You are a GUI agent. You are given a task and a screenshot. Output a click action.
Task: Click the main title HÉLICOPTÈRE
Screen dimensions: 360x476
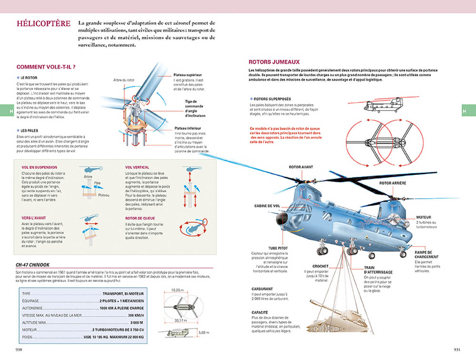[43, 24]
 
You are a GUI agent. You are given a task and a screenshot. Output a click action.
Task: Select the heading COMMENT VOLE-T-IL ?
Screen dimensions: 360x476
[46, 67]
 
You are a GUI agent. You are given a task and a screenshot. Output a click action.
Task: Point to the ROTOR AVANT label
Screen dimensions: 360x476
[301, 167]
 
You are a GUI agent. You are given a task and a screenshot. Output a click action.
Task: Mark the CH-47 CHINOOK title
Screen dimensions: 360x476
[33, 265]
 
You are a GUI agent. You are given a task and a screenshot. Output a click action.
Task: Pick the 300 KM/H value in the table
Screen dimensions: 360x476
[136, 315]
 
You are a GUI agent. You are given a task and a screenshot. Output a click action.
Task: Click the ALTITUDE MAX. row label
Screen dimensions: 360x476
[34, 322]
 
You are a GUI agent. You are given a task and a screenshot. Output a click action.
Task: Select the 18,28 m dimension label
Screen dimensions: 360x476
[177, 290]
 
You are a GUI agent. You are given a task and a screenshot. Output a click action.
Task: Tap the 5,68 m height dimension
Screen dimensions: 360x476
[203, 332]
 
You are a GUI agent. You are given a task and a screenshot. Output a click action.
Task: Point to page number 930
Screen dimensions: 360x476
[20, 350]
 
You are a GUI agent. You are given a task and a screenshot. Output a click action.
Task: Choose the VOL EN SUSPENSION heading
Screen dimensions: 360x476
[40, 167]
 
